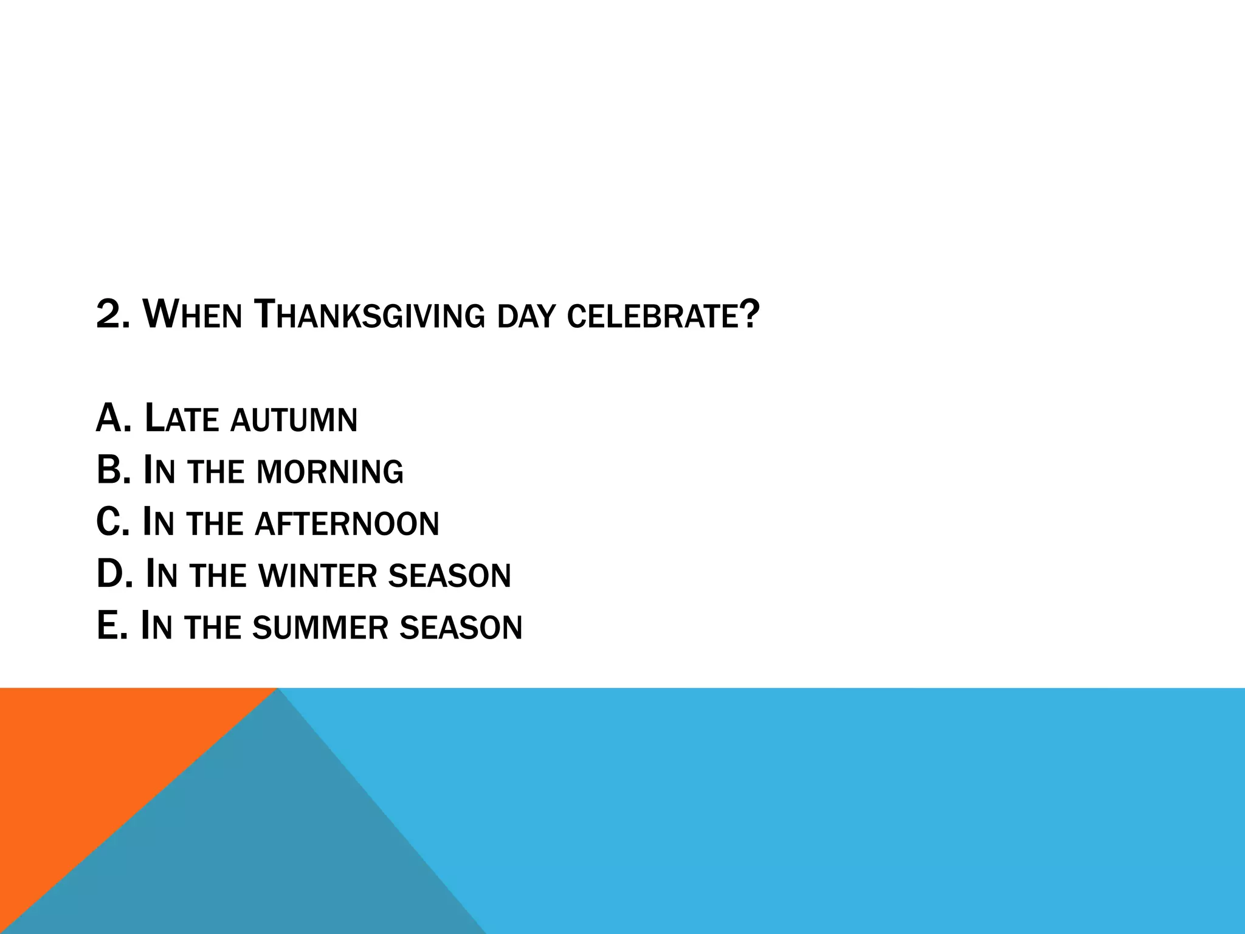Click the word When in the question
192,315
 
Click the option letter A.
109,419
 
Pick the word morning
330,472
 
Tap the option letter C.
108,523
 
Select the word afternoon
347,524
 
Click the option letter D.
109,575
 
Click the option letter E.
107,626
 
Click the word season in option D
450,576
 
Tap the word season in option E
461,628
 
